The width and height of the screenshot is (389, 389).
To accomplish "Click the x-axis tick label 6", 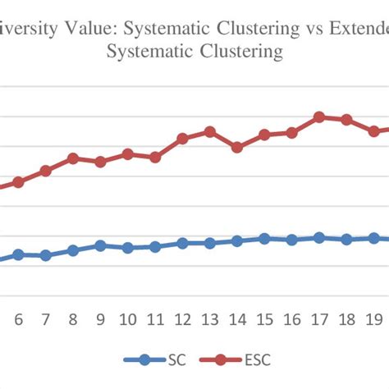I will (18, 319).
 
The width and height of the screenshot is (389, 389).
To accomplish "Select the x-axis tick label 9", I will (100, 319).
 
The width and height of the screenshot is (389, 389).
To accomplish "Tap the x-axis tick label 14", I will (237, 319).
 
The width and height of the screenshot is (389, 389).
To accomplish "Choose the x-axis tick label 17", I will (319, 319).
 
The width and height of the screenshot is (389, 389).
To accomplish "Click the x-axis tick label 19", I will (373, 319).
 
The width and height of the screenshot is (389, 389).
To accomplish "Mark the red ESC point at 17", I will (319, 117).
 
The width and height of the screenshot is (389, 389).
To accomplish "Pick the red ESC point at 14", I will (237, 148).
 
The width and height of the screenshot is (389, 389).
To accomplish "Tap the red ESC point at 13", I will (209, 131).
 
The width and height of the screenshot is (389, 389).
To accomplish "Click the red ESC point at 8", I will (72, 158).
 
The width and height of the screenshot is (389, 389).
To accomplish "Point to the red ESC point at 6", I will (18, 182).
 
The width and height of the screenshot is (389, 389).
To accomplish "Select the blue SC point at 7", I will (45, 256).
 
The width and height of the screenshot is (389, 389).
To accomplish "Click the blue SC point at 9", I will (100, 245).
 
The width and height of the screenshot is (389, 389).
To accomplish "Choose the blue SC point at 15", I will (264, 238).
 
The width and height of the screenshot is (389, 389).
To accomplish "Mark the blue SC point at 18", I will (346, 240).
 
